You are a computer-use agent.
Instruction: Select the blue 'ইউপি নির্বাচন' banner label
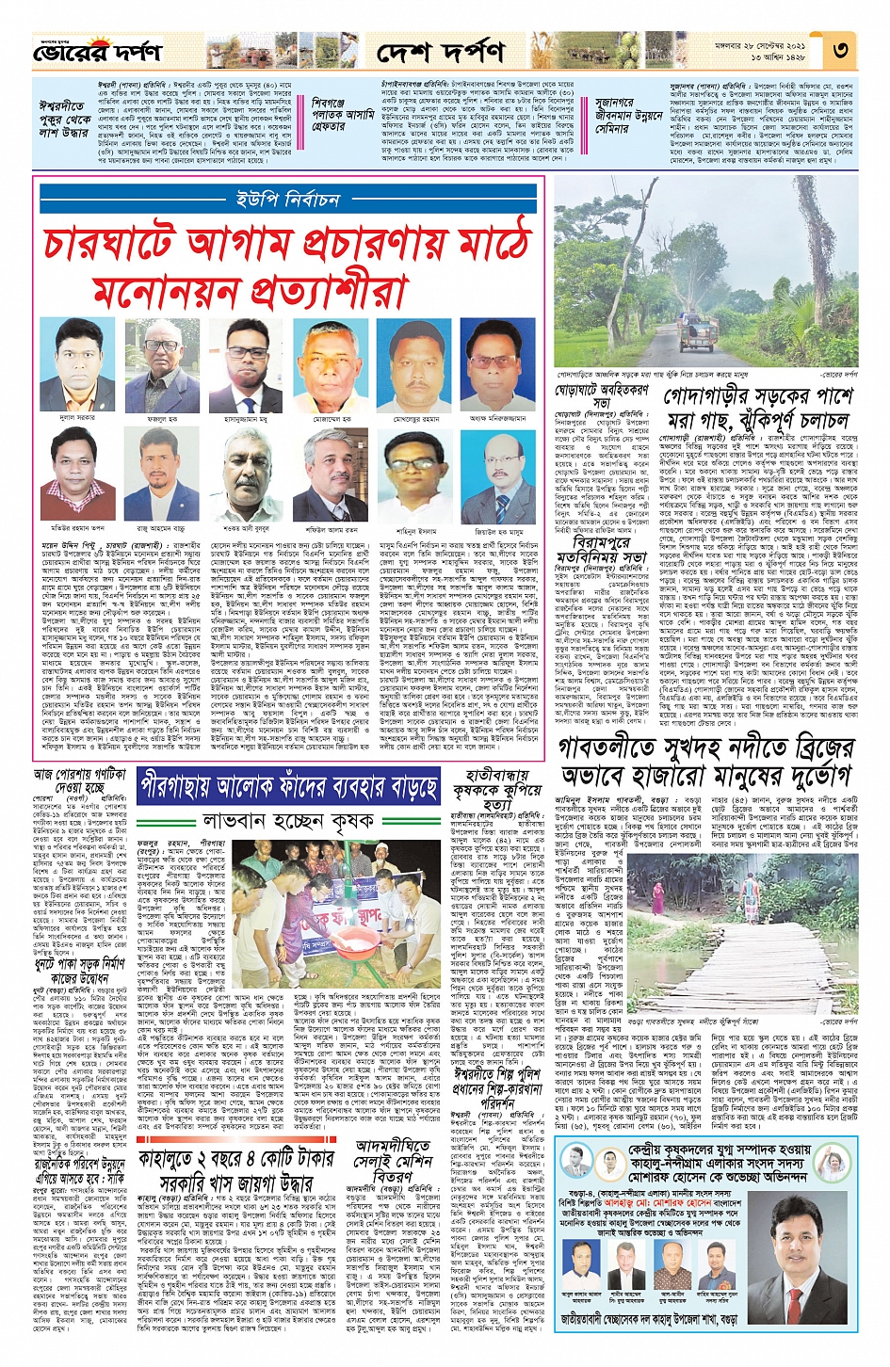pyautogui.click(x=287, y=200)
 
